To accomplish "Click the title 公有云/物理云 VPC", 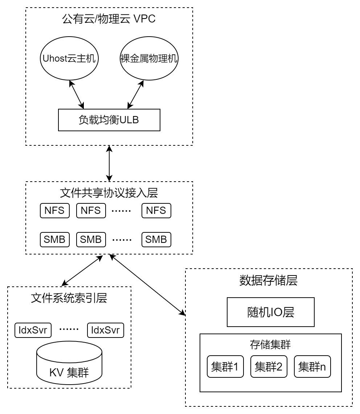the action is [109, 19].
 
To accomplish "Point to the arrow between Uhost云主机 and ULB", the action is [76, 95].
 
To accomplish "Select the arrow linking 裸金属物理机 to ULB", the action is [136, 95].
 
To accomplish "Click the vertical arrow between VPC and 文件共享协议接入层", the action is [109, 163].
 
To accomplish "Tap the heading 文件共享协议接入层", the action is [109, 193].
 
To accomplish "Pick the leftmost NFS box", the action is [55, 210].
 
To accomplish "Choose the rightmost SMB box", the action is [156, 240].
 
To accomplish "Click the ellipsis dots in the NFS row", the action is [121, 211].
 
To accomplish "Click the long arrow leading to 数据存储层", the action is [147, 285].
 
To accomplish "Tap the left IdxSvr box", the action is [33, 330].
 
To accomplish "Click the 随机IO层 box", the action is [271, 312].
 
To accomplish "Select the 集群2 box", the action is [269, 367].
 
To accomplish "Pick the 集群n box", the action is [312, 367].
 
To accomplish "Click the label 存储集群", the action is [270, 344].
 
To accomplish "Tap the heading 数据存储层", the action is [269, 280].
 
